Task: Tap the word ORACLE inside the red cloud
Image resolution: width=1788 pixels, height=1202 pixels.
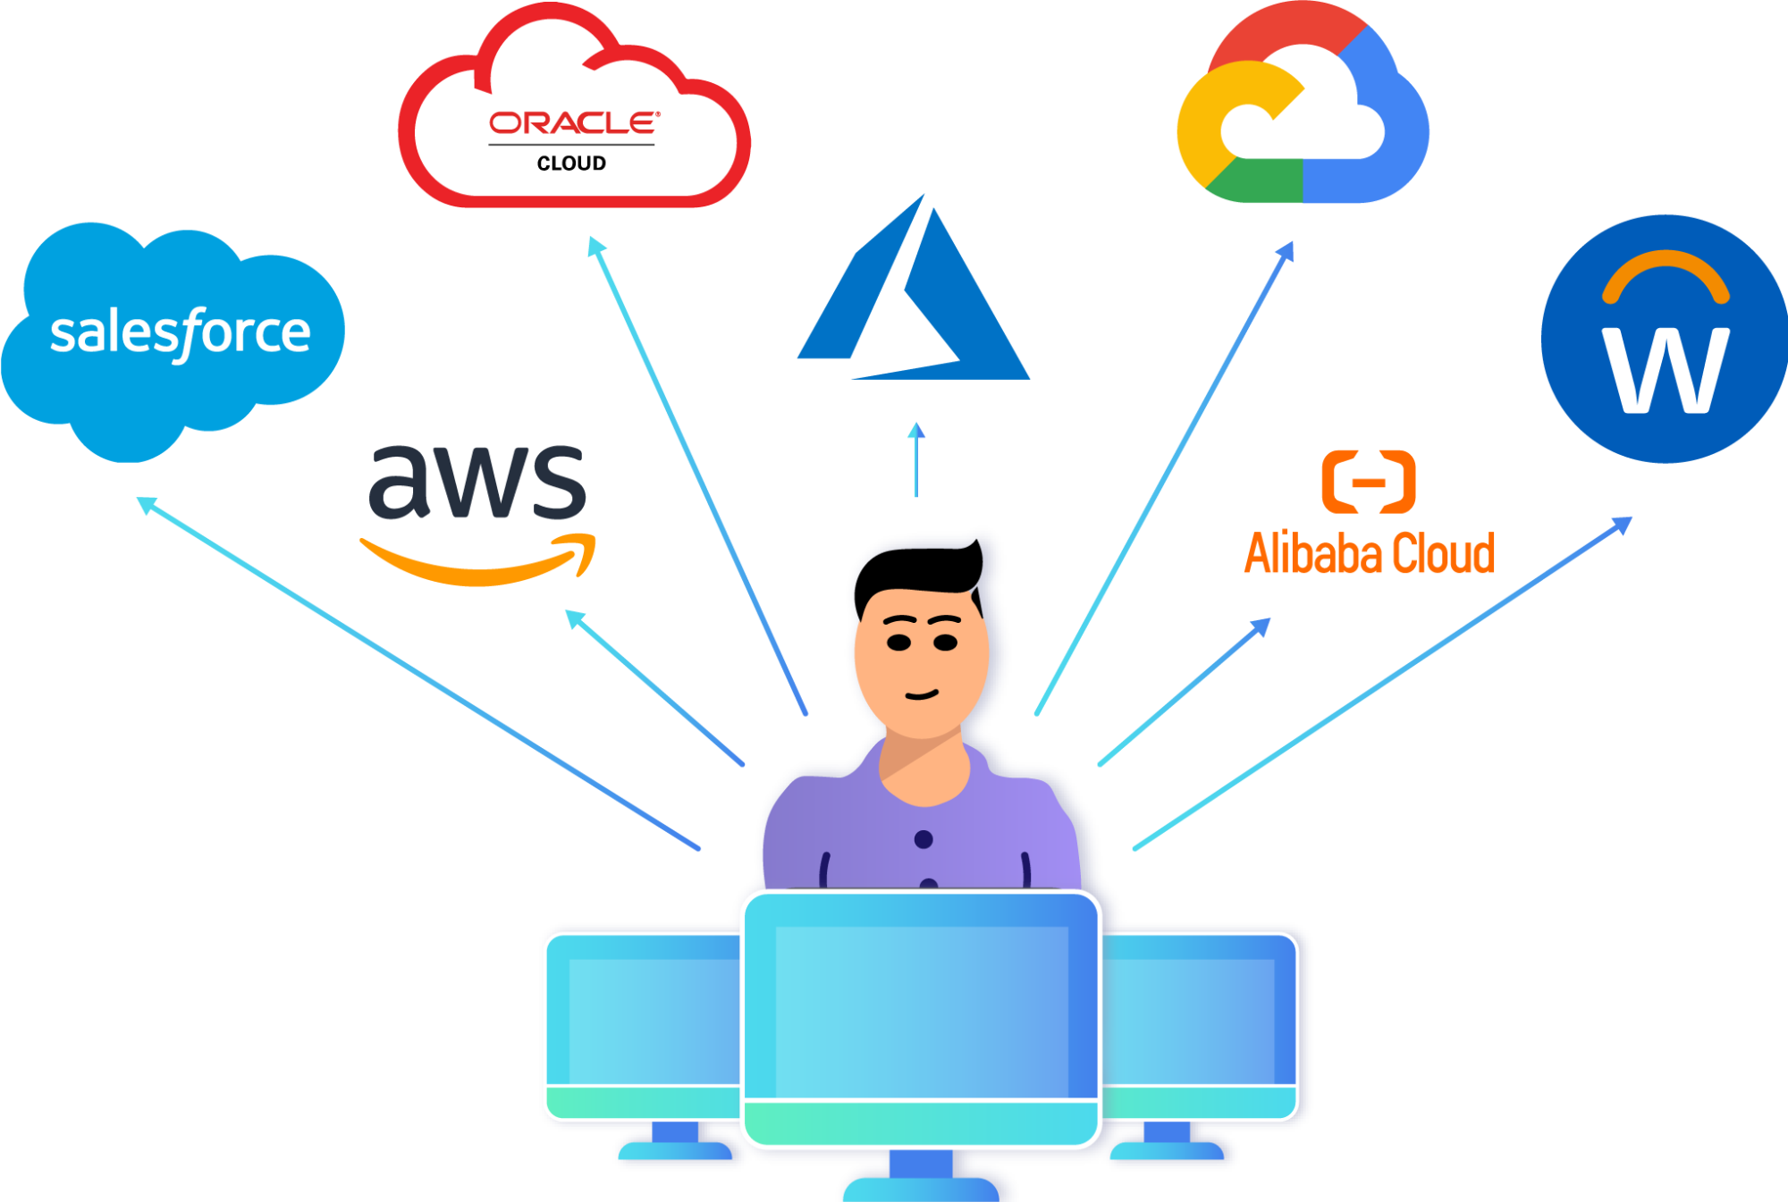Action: (574, 122)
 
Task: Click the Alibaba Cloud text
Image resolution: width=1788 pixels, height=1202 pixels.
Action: (1370, 554)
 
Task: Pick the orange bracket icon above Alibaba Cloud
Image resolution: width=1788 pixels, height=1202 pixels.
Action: (1368, 483)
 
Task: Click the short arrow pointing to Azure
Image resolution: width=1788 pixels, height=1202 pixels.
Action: (915, 460)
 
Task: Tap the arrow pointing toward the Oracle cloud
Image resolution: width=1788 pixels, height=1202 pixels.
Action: (697, 474)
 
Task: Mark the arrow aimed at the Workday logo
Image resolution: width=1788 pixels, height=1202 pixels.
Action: (1382, 683)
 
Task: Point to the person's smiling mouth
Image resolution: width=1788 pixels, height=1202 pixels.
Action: (922, 694)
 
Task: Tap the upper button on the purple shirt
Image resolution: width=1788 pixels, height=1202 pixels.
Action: (924, 839)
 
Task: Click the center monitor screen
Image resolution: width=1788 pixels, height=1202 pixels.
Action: (921, 1010)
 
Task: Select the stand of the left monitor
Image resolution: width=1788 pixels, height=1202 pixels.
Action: (675, 1144)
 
